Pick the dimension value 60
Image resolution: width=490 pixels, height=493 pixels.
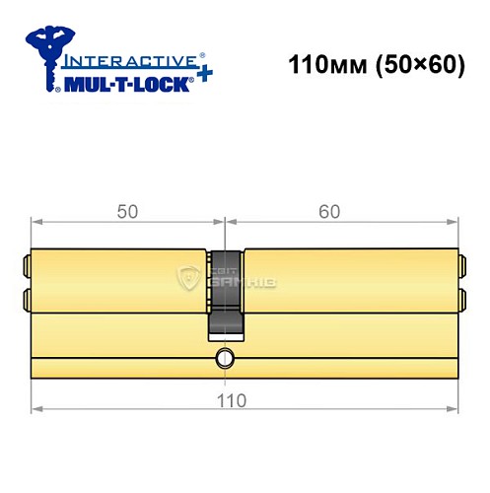coord(341,210)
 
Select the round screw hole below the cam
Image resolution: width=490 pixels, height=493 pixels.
coord(226,358)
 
